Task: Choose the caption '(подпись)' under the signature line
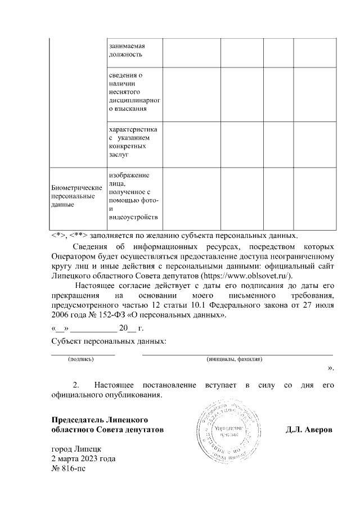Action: (x=80, y=359)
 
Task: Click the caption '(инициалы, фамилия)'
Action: (x=234, y=359)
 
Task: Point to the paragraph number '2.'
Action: (x=78, y=385)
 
